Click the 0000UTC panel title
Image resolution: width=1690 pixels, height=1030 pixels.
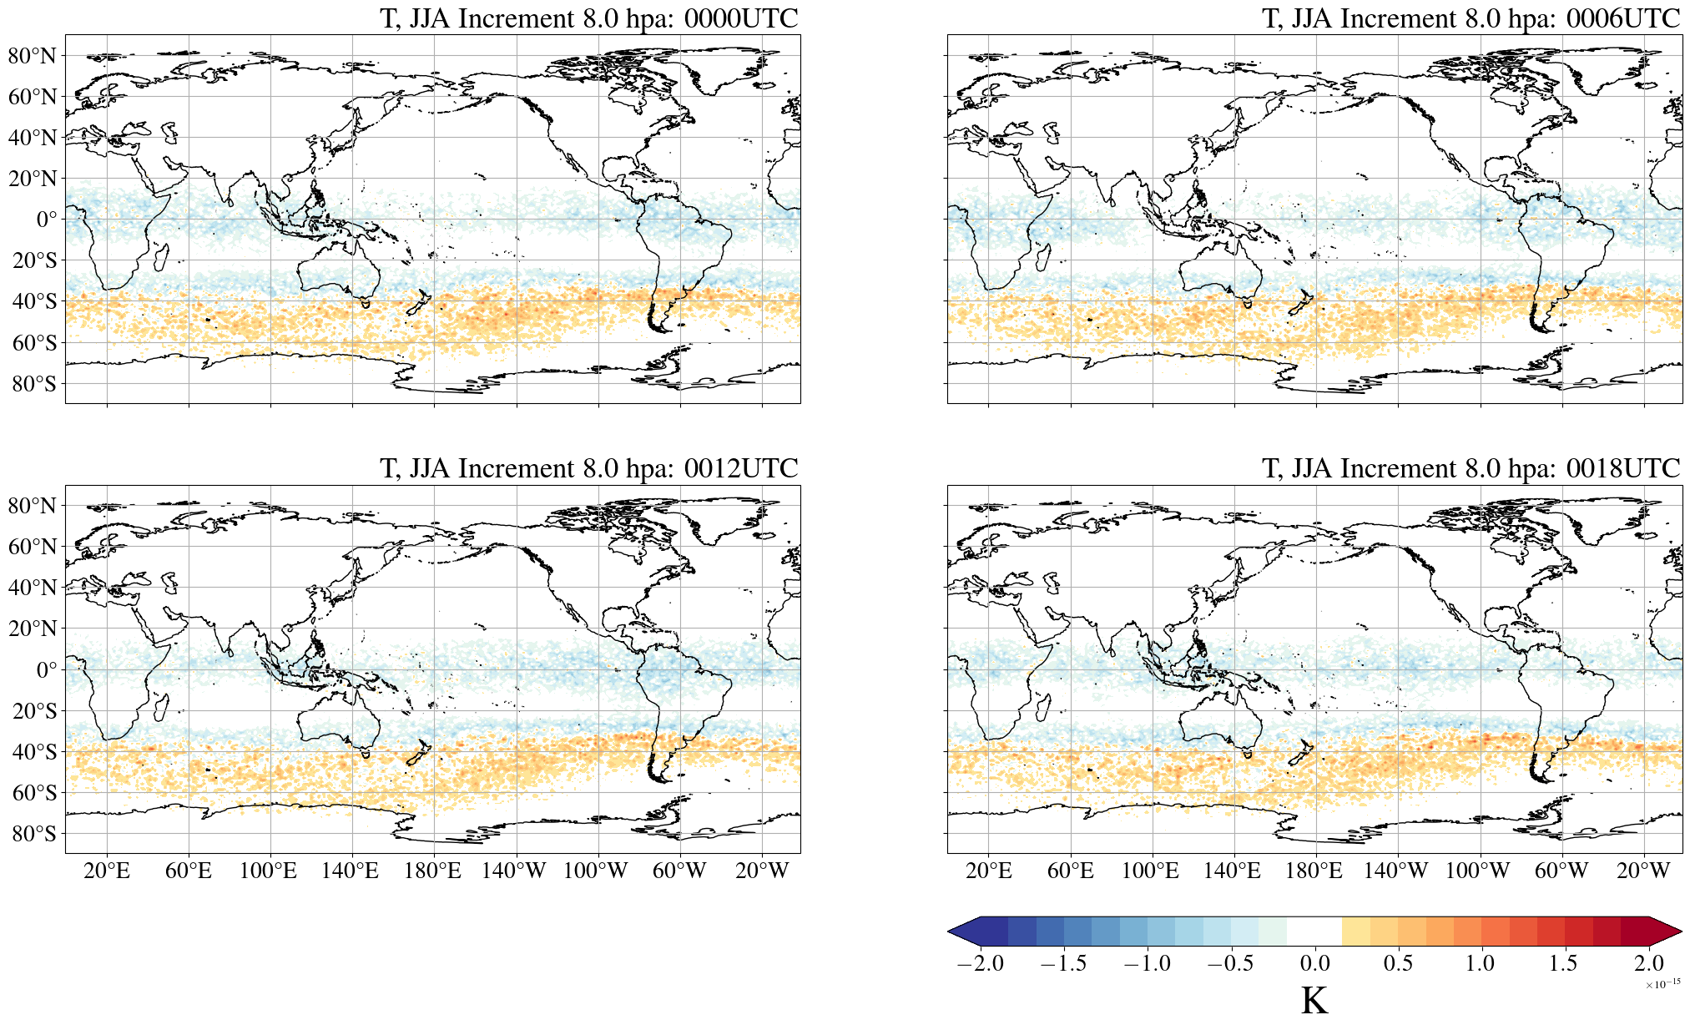588,18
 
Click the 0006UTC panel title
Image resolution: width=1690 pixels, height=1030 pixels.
1471,18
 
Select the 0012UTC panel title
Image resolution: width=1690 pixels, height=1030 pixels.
588,468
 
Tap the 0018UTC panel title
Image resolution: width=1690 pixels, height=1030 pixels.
1471,468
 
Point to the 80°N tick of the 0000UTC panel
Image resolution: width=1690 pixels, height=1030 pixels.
33,56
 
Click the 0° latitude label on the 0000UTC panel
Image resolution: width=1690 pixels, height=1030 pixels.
47,220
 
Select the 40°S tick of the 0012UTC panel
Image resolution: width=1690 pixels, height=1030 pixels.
34,752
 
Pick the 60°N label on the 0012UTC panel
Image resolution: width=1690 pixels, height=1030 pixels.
33,547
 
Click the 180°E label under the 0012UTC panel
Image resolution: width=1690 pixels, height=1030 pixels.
432,871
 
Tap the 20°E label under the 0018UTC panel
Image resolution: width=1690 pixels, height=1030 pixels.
989,871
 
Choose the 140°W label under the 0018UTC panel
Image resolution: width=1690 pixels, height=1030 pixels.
1395,871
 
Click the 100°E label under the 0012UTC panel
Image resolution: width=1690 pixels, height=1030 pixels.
268,871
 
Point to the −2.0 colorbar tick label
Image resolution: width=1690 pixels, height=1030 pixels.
980,963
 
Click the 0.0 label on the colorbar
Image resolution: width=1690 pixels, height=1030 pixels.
1314,963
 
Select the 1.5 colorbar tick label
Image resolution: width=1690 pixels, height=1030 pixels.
1563,963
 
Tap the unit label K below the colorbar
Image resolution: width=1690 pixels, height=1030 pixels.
1314,1001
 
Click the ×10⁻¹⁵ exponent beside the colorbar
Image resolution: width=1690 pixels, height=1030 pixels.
1662,984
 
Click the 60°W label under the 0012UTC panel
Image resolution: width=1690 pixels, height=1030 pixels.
679,871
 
